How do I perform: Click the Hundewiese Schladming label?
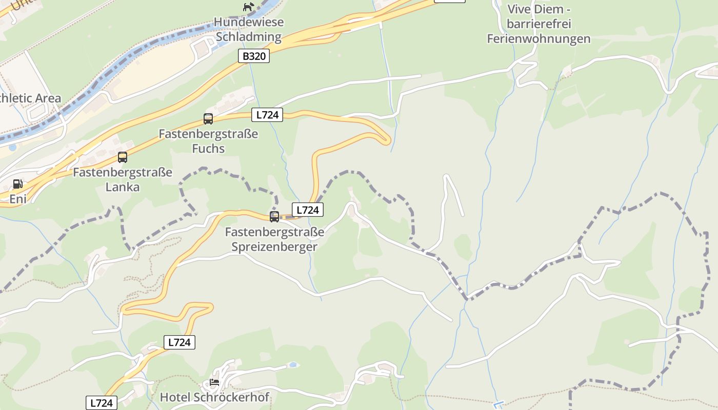pos(249,30)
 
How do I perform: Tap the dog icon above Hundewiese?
pos(249,7)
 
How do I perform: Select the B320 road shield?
pos(254,56)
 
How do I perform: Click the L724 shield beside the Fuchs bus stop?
pos(267,115)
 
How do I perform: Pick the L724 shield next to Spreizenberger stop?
pos(308,210)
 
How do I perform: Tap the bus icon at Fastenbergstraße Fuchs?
pos(208,119)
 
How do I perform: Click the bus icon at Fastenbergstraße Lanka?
pos(123,157)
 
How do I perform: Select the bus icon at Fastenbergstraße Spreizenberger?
pos(274,217)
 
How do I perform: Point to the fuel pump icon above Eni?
pos(17,184)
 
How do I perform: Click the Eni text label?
pos(18,199)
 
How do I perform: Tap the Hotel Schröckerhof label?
pos(214,397)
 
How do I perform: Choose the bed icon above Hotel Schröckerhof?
pos(214,382)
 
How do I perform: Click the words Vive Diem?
pos(539,9)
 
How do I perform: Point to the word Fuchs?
pos(208,149)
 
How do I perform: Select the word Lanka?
pos(123,187)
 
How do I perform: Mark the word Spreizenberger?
pos(274,247)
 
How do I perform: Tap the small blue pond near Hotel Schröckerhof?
pos(292,365)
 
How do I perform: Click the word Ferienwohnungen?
pos(539,39)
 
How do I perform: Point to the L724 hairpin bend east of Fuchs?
pos(387,138)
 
